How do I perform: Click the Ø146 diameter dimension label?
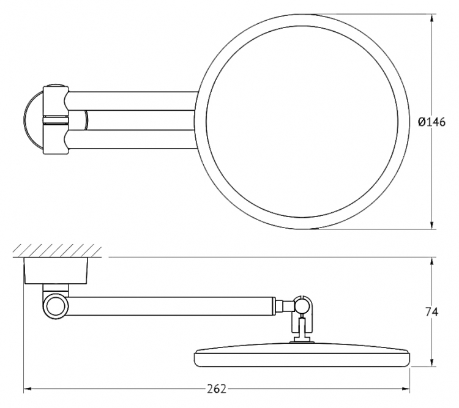pyautogui.click(x=431, y=122)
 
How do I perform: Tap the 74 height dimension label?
pyautogui.click(x=432, y=313)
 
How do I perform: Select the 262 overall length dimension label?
pyautogui.click(x=217, y=389)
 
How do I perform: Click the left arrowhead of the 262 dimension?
pyautogui.click(x=27, y=389)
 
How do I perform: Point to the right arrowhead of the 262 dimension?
pyautogui.click(x=405, y=389)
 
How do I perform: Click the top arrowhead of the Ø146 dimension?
pyautogui.click(x=432, y=18)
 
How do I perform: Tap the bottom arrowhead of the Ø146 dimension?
pyautogui.click(x=432, y=225)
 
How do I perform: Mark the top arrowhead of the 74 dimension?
pyautogui.click(x=432, y=262)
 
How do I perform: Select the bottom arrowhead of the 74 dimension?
pyautogui.click(x=432, y=362)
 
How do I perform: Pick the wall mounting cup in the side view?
pyautogui.click(x=56, y=271)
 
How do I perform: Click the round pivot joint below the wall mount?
pyautogui.click(x=56, y=306)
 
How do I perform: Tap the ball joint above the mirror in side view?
pyautogui.click(x=302, y=306)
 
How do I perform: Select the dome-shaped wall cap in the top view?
pyautogui.click(x=33, y=120)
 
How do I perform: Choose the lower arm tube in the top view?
pyautogui.click(x=132, y=139)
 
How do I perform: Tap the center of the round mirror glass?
pyautogui.click(x=302, y=122)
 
